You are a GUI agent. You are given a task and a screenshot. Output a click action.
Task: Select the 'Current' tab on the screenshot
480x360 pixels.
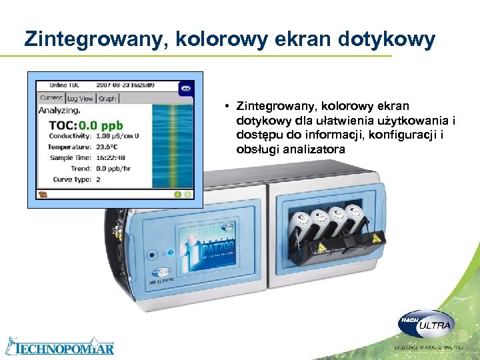point(51,97)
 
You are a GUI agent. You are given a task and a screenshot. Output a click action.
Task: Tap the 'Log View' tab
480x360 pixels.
point(80,98)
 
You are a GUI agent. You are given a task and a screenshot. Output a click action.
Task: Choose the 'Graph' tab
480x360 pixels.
point(107,98)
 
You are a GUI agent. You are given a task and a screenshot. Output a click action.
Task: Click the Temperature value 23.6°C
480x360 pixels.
point(106,147)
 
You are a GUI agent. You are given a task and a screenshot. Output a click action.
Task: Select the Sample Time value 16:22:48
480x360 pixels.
point(109,158)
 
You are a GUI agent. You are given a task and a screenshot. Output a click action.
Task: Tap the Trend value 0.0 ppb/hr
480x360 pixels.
point(113,169)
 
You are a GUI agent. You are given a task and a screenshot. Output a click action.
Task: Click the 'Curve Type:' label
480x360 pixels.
point(71,179)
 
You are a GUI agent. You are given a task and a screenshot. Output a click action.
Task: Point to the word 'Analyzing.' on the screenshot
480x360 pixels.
point(60,111)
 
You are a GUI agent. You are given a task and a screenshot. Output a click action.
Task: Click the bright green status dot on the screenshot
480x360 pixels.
point(177,195)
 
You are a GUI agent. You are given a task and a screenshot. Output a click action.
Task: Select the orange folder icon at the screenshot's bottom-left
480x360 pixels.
point(43,195)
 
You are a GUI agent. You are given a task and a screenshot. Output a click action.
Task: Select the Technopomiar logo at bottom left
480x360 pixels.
point(60,347)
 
